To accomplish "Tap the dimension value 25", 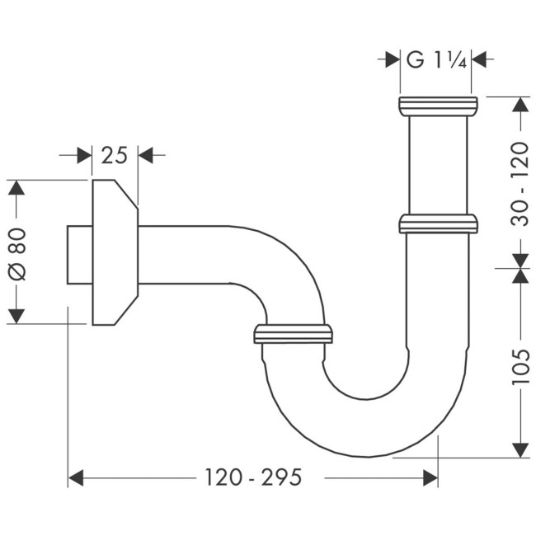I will (x=114, y=154).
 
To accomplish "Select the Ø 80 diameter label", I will (x=17, y=252).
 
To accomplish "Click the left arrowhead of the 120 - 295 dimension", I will (x=77, y=477).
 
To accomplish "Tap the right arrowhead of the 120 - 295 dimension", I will (x=430, y=477).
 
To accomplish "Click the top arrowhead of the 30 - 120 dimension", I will (x=520, y=106).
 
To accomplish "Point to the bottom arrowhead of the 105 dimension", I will (x=520, y=449).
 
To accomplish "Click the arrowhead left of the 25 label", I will (x=83, y=154).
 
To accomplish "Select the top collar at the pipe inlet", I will (x=438, y=106).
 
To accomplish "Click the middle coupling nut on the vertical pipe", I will (x=438, y=223).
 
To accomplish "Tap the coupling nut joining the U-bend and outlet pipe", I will (x=294, y=333).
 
